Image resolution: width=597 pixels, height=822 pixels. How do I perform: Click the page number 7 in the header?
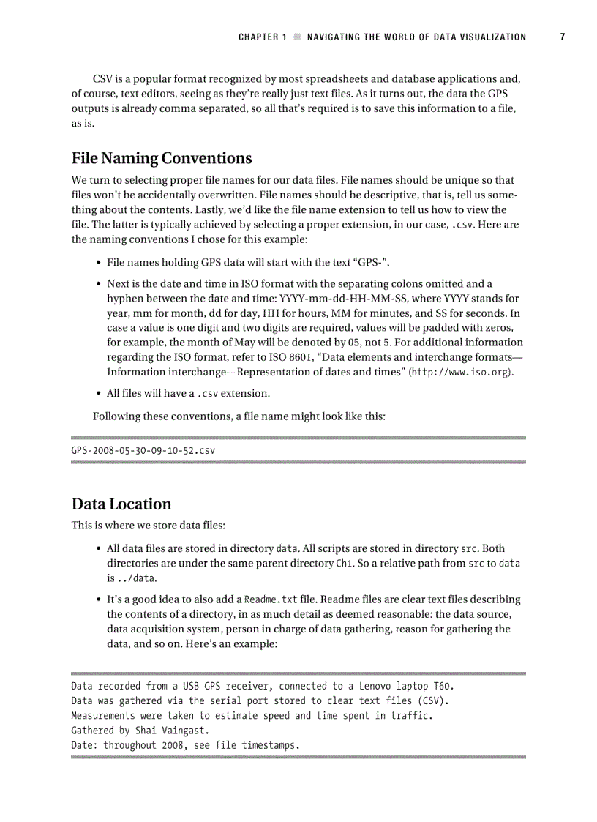pyautogui.click(x=563, y=37)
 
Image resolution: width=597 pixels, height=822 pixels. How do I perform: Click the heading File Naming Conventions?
pyautogui.click(x=162, y=158)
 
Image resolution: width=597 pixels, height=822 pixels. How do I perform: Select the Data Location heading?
pyautogui.click(x=121, y=504)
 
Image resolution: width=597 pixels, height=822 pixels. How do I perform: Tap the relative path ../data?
pyautogui.click(x=133, y=578)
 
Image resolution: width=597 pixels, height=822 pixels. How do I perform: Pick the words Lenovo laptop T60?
pyautogui.click(x=407, y=687)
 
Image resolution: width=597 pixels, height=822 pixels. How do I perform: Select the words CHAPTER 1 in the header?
pyautogui.click(x=262, y=37)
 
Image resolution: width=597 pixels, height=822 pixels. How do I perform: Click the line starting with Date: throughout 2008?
pyautogui.click(x=186, y=745)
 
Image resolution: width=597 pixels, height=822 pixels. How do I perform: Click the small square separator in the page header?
pyautogui.click(x=296, y=37)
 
